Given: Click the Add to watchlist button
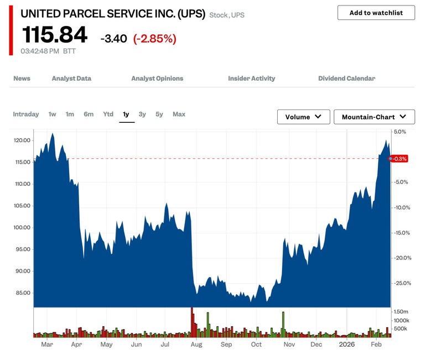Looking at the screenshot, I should (376, 13).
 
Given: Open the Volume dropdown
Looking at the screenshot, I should (303, 117).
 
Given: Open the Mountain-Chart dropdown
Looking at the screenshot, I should (374, 117).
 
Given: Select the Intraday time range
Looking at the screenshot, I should (26, 114).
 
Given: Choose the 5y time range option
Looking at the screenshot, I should (159, 114).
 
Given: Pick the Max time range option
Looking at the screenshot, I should (179, 114).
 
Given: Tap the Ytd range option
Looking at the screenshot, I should (108, 114).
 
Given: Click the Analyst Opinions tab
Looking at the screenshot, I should (157, 79).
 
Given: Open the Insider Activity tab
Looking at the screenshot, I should (251, 79).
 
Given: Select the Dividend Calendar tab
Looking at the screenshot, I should (346, 79).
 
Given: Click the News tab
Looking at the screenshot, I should (22, 79).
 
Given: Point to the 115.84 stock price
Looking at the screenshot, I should (54, 35).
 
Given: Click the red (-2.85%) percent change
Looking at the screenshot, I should (154, 39).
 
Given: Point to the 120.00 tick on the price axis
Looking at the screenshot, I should (22, 140).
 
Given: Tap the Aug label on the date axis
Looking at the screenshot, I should (196, 345).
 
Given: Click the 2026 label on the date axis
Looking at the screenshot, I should (347, 345).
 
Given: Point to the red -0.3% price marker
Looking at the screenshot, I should (399, 159).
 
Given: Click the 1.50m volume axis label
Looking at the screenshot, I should (400, 312).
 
